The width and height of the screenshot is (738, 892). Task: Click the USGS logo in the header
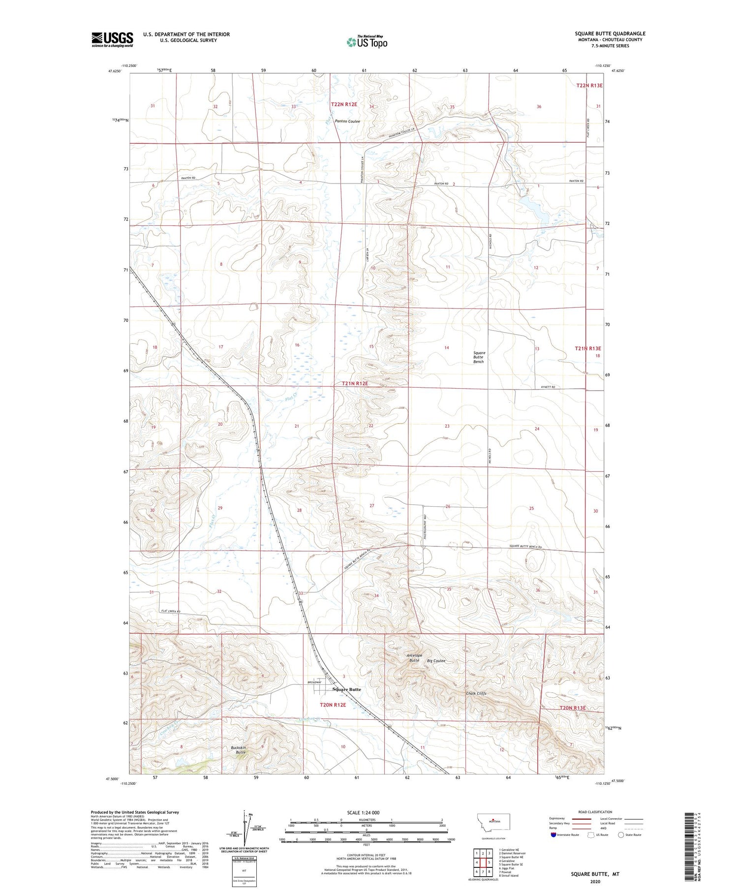[x=112, y=39]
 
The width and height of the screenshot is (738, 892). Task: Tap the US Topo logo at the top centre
[x=367, y=42]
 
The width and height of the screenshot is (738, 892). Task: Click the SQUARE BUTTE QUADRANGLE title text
[x=610, y=33]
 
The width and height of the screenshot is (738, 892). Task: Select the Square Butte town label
[x=346, y=689]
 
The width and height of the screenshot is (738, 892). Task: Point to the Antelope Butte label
[x=414, y=658]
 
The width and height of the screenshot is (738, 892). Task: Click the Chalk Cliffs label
[x=476, y=693]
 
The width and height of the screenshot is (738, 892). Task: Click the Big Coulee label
[x=436, y=661]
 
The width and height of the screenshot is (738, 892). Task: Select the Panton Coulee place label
[x=347, y=121]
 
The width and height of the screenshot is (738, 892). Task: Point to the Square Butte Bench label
[x=479, y=357]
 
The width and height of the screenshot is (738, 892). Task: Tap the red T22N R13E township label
[x=589, y=86]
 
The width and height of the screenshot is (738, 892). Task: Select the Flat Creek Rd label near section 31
[x=171, y=611]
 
